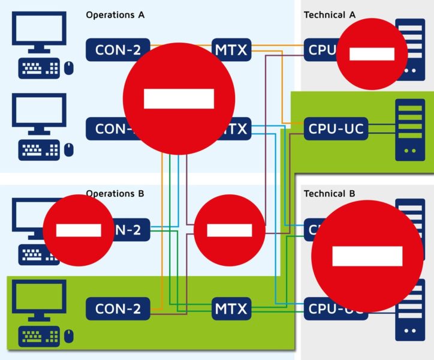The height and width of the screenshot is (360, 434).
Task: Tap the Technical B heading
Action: [x=329, y=194]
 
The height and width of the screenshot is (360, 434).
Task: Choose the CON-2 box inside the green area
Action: [x=117, y=309]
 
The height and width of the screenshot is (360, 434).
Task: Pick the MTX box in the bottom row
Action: [x=231, y=309]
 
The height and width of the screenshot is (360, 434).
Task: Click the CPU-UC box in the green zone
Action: [x=336, y=128]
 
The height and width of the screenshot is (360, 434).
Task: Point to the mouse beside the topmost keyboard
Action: [x=69, y=68]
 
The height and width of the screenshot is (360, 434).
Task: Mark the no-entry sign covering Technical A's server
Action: [x=372, y=54]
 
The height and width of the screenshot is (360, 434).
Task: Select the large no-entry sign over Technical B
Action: [x=367, y=256]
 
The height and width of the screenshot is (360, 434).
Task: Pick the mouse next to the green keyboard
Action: [x=69, y=337]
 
